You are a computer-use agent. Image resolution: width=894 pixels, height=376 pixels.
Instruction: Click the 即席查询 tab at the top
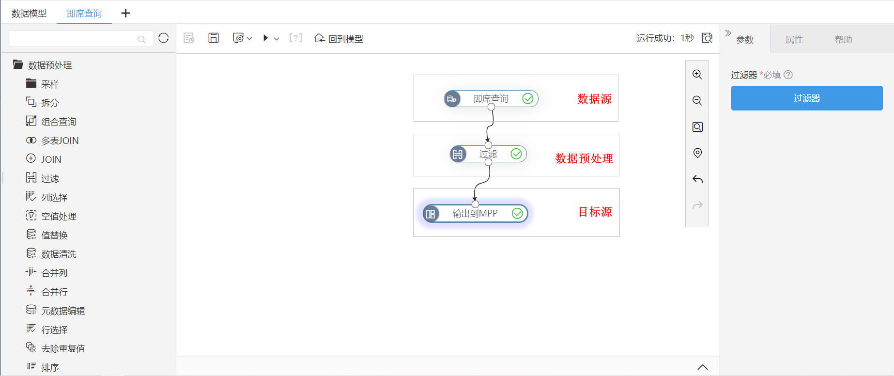tap(84, 14)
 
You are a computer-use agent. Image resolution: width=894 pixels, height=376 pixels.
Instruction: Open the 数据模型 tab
tap(29, 14)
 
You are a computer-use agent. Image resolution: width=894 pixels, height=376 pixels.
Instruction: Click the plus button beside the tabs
tap(125, 13)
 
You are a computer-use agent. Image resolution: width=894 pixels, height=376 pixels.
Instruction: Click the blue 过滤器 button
tap(807, 98)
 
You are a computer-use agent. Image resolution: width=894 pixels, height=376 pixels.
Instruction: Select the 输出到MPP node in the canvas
tap(475, 214)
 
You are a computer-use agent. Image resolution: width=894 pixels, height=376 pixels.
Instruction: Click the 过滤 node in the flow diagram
tap(488, 154)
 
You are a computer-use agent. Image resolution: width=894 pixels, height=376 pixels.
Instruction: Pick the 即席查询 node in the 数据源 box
tap(491, 99)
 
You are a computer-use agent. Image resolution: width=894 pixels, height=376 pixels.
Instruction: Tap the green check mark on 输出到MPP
tap(517, 214)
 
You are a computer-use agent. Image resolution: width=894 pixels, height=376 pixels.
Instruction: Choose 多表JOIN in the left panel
tap(60, 141)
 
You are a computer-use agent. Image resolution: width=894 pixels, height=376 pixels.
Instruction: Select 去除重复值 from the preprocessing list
tap(63, 348)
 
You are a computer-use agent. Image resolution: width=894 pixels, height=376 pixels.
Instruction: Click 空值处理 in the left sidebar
tap(59, 216)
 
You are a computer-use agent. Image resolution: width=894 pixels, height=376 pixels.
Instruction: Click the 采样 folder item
tap(50, 84)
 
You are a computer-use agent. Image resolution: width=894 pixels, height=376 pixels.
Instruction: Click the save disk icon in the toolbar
tap(214, 38)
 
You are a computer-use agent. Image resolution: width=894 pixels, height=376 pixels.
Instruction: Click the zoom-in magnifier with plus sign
tap(697, 75)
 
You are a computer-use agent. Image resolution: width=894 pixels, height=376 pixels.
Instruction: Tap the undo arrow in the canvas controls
tap(697, 179)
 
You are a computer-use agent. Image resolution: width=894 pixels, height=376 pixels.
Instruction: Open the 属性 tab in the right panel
tap(794, 39)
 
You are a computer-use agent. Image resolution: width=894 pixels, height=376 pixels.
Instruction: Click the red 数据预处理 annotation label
tap(584, 158)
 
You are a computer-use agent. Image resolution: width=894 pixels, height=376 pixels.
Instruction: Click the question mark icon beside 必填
tap(788, 75)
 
